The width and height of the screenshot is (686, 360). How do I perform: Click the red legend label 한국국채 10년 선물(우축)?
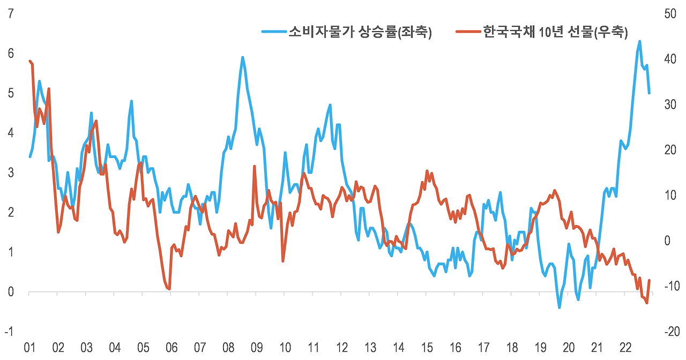click(555, 32)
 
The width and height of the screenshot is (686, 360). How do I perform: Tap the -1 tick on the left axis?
click(9, 332)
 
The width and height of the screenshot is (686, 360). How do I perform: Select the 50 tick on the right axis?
click(670, 14)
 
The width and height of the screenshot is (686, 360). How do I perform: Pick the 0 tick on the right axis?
click(667, 241)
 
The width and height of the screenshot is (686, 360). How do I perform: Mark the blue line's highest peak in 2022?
click(639, 41)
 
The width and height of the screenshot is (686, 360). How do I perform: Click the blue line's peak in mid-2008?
click(243, 57)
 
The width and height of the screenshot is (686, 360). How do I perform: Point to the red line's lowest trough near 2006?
click(169, 289)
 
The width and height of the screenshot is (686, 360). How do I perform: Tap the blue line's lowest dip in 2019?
click(560, 307)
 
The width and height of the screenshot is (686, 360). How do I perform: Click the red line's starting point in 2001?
click(29, 61)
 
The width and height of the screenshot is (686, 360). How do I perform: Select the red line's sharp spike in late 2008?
click(255, 167)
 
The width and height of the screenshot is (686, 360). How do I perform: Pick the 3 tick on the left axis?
click(11, 173)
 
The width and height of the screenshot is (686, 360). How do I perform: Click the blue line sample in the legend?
click(273, 32)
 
